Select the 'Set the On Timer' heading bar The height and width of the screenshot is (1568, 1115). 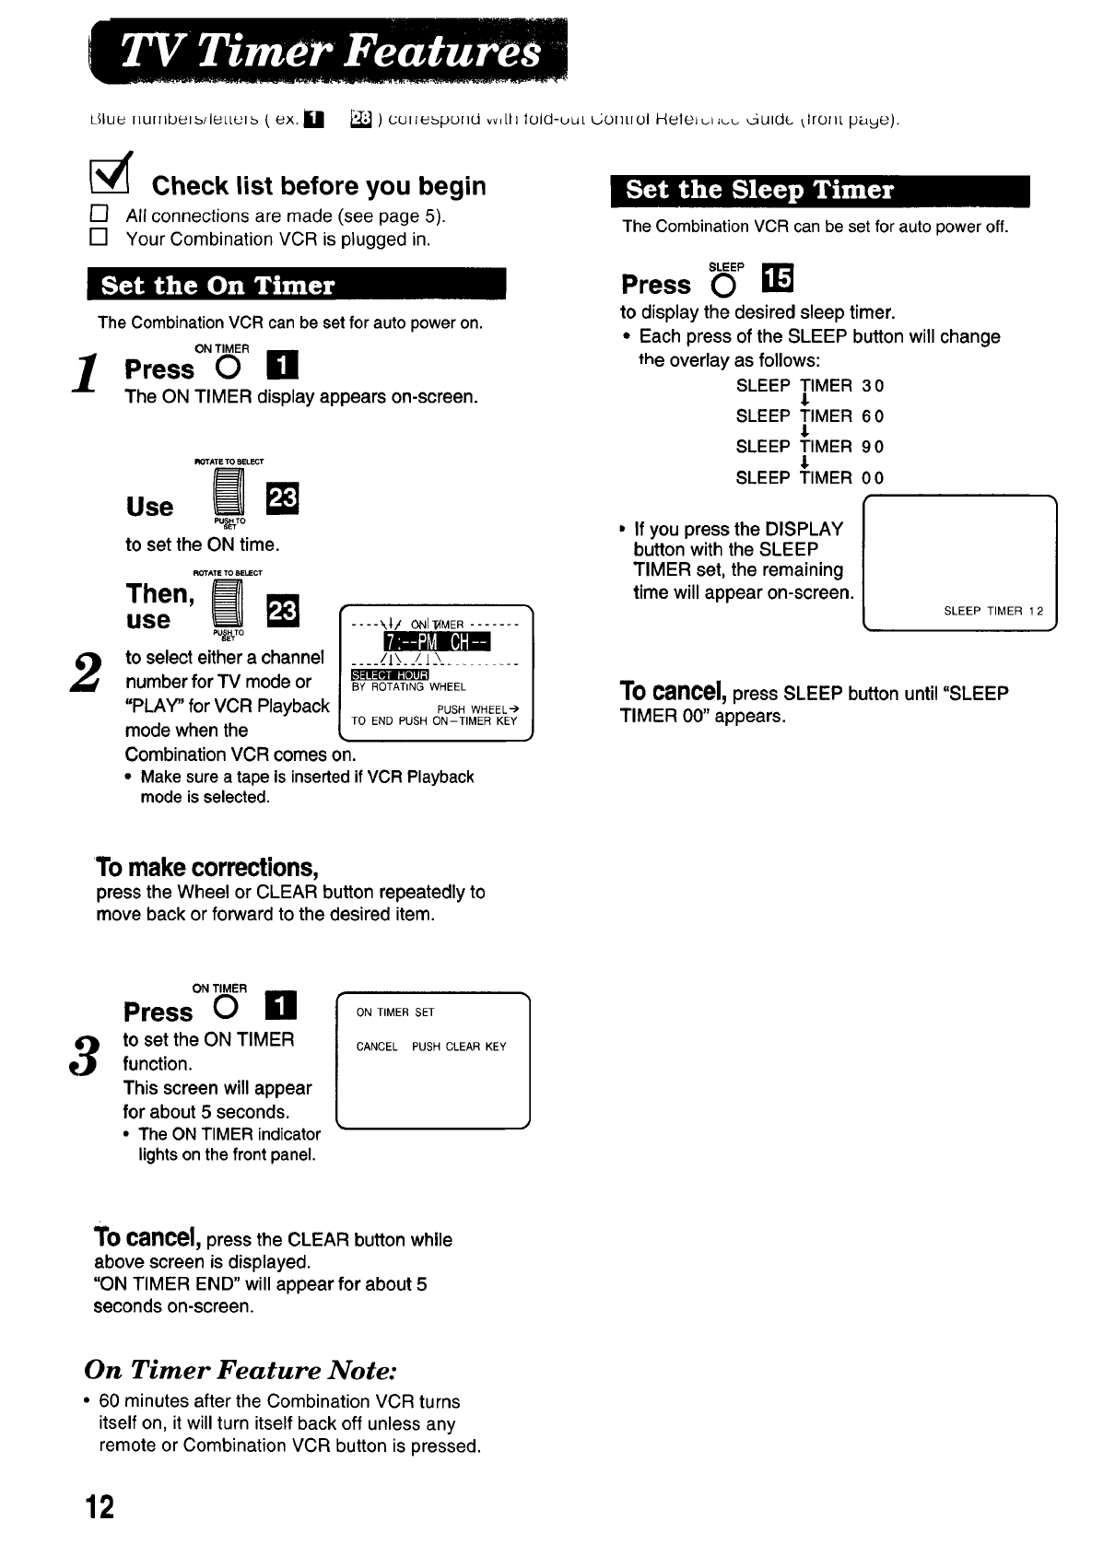coord(297,285)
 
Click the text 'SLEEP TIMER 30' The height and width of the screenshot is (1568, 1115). coord(810,386)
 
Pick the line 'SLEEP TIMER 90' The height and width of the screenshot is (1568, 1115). coord(810,447)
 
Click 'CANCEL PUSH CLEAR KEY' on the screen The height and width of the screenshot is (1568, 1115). coord(431,1047)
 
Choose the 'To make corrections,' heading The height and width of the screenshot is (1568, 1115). coord(207,868)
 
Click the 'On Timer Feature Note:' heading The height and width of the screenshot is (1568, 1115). coord(241,1370)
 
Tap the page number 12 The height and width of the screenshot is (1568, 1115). coord(100,1507)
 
